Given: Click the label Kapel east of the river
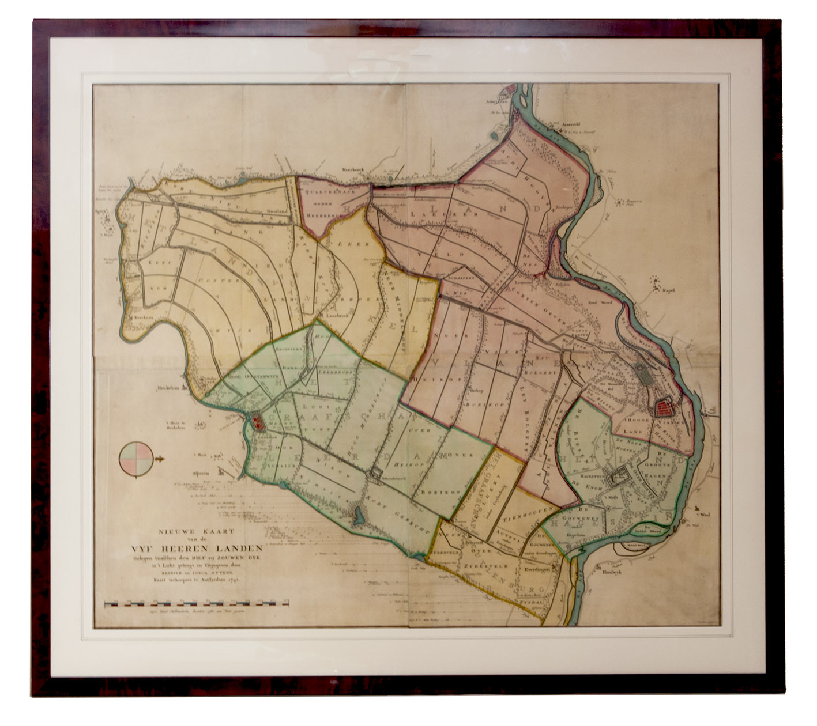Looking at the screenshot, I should pyautogui.click(x=668, y=291).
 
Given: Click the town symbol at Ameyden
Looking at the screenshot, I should pyautogui.click(x=510, y=92).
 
